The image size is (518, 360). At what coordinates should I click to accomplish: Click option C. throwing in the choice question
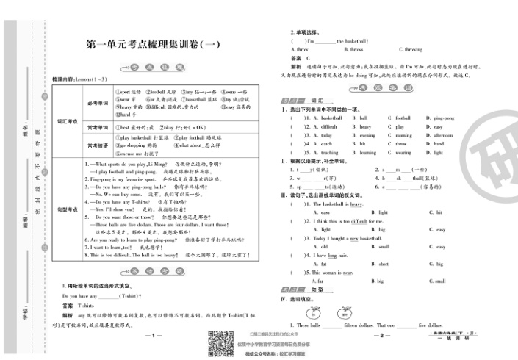click(410, 49)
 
